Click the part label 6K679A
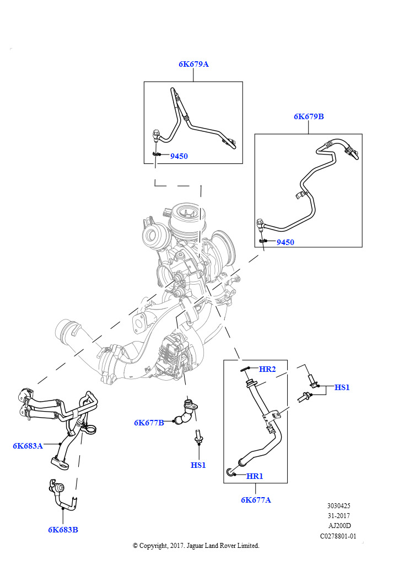[x=193, y=64]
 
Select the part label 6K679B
[x=309, y=116]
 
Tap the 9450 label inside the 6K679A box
[x=179, y=156]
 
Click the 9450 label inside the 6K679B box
[x=285, y=242]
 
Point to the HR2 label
[x=267, y=369]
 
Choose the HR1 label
[x=255, y=476]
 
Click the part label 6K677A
[x=256, y=500]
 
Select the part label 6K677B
[x=149, y=423]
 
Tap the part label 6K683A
[x=28, y=445]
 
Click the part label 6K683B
[x=63, y=530]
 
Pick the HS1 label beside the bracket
[x=342, y=387]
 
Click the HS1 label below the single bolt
[x=198, y=465]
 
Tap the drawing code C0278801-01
[x=338, y=535]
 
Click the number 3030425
[x=338, y=505]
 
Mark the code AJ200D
[x=338, y=525]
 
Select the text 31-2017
[x=338, y=515]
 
